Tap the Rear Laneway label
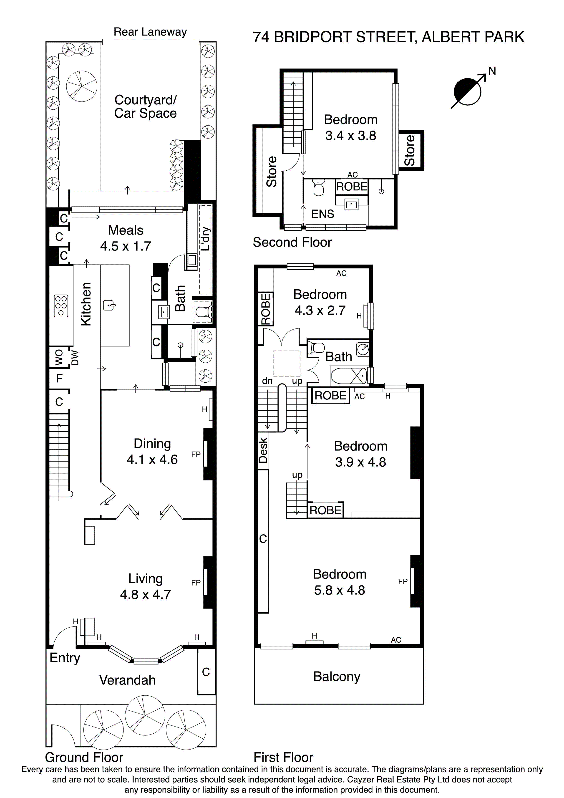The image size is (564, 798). [150, 32]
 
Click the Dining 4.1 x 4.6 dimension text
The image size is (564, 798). [152, 460]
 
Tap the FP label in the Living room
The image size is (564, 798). [196, 583]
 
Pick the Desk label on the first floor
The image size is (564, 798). [263, 450]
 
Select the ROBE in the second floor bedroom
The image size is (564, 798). [352, 187]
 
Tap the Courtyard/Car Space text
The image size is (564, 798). [145, 106]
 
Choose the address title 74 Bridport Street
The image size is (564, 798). [388, 37]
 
